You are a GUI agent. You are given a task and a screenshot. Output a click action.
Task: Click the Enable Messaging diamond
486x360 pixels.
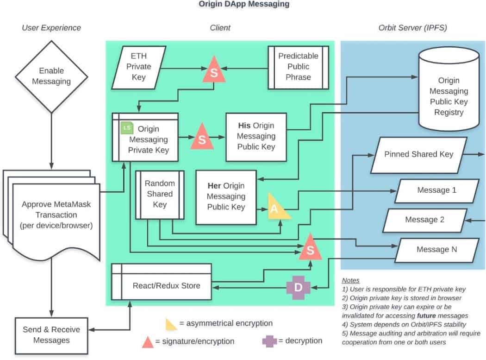click(51, 76)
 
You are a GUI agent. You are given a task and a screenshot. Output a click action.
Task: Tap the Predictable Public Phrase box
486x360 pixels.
click(298, 67)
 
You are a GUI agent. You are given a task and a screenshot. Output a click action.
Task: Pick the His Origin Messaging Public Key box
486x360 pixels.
click(256, 136)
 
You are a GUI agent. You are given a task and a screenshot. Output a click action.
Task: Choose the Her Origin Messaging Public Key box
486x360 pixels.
click(226, 196)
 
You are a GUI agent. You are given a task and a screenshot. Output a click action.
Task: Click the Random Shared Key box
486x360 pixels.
click(159, 194)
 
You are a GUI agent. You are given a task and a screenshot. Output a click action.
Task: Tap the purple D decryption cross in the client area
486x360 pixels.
click(298, 287)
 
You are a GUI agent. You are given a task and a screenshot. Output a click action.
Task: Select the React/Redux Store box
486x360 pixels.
click(161, 285)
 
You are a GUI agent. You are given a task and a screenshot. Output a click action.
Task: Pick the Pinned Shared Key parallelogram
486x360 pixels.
click(418, 154)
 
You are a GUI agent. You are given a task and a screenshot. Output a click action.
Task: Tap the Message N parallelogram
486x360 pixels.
click(436, 249)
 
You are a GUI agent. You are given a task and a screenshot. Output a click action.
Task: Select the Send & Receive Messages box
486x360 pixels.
click(51, 335)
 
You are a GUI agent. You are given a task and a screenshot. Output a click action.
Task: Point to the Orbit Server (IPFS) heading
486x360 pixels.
click(412, 28)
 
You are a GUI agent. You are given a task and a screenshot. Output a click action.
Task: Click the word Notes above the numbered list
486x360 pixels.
click(351, 280)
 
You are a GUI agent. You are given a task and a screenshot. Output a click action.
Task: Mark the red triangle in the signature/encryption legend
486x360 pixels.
click(148, 342)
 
